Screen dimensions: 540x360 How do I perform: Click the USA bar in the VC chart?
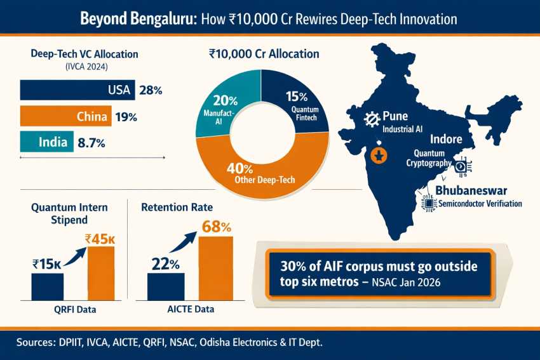pyautogui.click(x=78, y=90)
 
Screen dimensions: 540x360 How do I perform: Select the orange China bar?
pyautogui.click(x=66, y=116)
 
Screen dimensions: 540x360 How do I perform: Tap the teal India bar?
pyautogui.click(x=47, y=142)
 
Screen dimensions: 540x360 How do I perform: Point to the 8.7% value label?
pyautogui.click(x=91, y=142)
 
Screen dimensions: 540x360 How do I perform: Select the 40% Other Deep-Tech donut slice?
pyautogui.click(x=262, y=172)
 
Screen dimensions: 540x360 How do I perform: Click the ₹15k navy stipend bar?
pyautogui.click(x=48, y=287)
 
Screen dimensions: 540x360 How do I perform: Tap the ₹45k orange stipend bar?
pyautogui.click(x=101, y=273)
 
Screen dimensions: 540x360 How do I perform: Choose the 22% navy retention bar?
pyautogui.click(x=166, y=287)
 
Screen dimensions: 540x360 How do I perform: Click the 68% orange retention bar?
pyautogui.click(x=216, y=269)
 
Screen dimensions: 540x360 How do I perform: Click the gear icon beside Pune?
pyautogui.click(x=372, y=119)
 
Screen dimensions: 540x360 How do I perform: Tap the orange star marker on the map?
pyautogui.click(x=379, y=156)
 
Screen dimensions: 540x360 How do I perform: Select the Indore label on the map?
pyautogui.click(x=446, y=139)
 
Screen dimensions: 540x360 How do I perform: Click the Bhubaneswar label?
pyautogui.click(x=471, y=190)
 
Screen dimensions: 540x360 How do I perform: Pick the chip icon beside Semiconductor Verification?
pyautogui.click(x=429, y=203)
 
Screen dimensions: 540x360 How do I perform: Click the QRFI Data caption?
pyautogui.click(x=75, y=309)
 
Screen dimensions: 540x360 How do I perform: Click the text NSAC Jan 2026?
pyautogui.click(x=406, y=282)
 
